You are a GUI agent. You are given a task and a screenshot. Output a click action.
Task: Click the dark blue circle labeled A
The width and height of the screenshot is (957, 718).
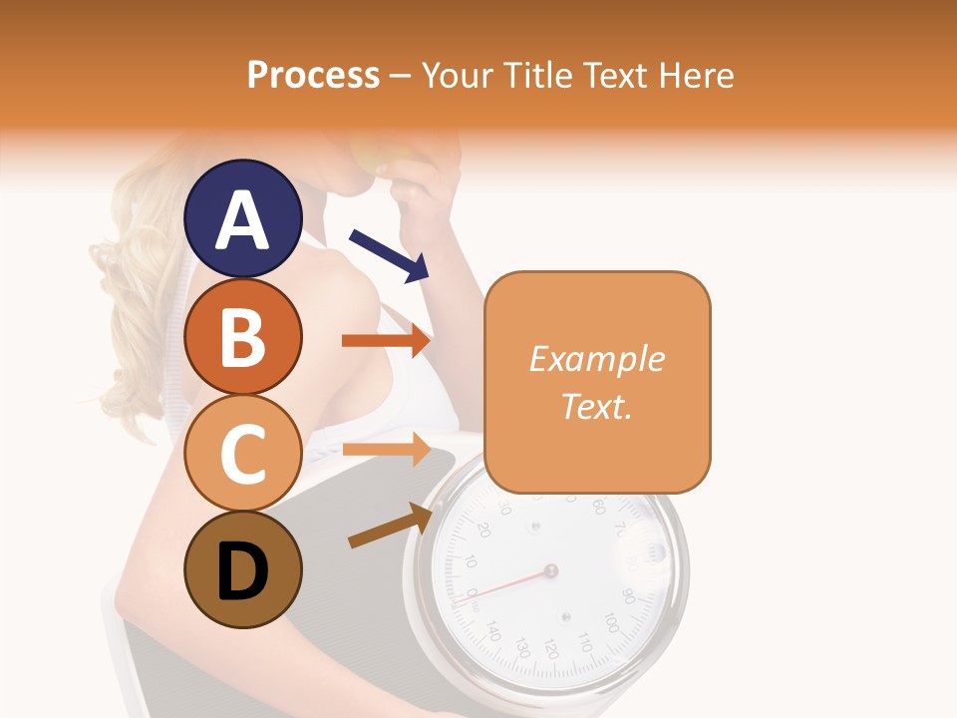[x=243, y=219]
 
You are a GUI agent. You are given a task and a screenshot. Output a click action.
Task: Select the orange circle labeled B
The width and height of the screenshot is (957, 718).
[x=243, y=336]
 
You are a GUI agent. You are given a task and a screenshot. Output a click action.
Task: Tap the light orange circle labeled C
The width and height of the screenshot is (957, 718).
[x=243, y=454]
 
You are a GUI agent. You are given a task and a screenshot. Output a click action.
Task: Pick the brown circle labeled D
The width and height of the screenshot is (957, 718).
[x=243, y=570]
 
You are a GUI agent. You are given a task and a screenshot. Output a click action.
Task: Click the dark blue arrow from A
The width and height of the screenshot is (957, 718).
[x=389, y=254]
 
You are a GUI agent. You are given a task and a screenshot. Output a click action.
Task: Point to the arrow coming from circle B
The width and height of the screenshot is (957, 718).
[x=385, y=340]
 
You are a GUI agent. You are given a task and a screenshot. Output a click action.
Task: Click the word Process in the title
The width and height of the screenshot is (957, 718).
[x=313, y=75]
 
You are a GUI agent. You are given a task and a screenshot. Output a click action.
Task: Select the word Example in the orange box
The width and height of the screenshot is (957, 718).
[x=596, y=359]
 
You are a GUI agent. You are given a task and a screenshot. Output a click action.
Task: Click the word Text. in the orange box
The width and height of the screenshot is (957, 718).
[x=596, y=406]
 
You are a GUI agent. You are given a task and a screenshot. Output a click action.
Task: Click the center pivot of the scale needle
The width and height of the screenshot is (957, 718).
[x=550, y=571]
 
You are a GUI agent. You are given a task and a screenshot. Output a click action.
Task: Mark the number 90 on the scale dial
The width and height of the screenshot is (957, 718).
[x=628, y=596]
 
